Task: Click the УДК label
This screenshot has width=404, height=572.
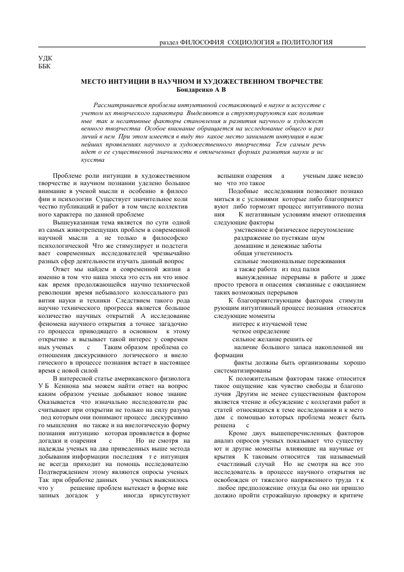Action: (x=44, y=58)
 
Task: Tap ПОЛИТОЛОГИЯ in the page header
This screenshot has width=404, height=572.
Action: (x=303, y=42)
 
